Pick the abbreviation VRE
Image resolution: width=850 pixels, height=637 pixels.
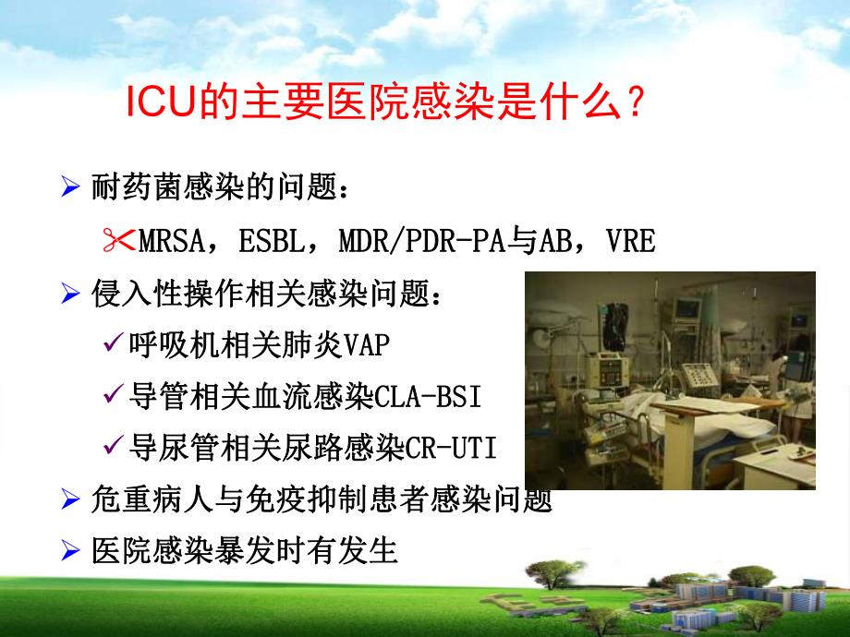click(632, 242)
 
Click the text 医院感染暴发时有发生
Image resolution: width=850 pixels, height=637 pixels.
click(245, 551)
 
